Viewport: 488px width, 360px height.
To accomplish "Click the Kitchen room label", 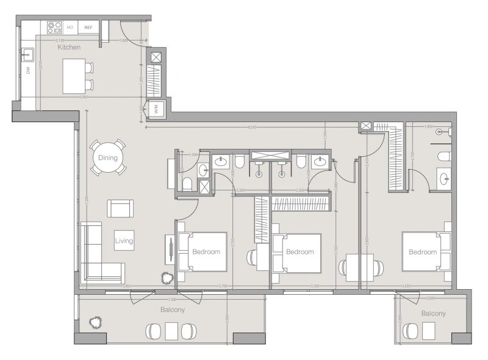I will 70,47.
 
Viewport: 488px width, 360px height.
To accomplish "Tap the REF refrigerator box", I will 88,27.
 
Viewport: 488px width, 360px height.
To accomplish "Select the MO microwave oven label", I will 70,27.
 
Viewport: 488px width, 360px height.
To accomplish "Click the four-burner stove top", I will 54,27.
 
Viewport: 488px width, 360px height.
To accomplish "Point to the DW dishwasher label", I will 28,71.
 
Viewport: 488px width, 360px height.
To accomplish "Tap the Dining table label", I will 107,158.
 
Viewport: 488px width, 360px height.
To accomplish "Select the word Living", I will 124,241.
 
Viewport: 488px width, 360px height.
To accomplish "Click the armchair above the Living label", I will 120,208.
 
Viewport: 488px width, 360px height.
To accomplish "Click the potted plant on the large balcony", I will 94,322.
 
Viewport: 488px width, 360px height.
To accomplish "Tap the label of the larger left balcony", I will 173,310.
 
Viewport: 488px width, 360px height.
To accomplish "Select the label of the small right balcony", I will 433,314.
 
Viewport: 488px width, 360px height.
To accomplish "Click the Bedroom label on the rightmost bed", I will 423,252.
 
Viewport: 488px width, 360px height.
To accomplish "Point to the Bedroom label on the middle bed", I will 300,252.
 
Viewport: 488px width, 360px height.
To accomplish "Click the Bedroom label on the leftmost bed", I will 206,251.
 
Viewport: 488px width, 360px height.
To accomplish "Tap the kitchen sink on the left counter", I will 27,56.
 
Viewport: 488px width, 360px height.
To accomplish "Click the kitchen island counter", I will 73,76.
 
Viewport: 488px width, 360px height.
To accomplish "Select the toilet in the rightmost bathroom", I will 443,156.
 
